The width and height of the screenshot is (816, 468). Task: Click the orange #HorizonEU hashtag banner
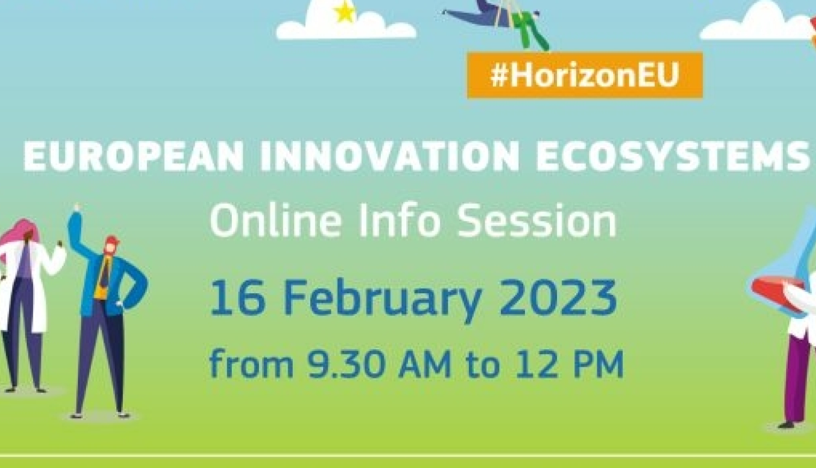point(585,76)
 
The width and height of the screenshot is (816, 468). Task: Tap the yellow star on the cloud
point(344,11)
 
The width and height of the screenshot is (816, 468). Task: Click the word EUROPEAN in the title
point(133,156)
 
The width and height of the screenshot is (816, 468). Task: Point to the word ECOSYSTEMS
point(672,156)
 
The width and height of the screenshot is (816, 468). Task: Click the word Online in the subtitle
point(276,220)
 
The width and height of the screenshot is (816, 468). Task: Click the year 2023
point(558,297)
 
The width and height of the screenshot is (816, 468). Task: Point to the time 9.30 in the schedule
point(345,364)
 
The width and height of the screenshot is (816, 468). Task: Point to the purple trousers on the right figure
point(799,379)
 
